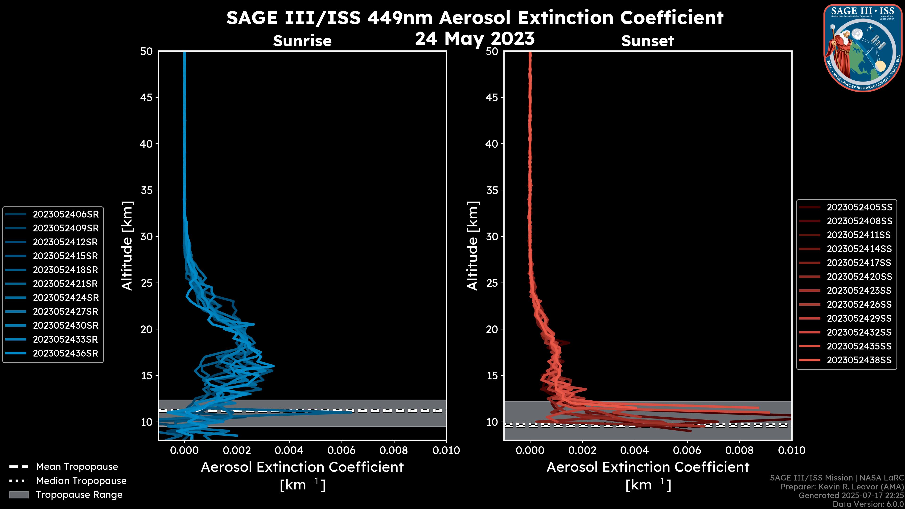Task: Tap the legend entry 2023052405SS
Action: (859, 207)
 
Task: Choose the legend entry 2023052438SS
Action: (859, 360)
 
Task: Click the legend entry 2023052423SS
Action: (859, 291)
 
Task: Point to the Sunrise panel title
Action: (302, 41)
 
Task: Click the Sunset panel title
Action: (647, 41)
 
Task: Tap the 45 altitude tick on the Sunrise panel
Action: (147, 98)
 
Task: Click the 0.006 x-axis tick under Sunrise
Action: (341, 450)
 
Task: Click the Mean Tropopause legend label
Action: (77, 467)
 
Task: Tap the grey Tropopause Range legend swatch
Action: (19, 495)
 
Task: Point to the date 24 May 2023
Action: (475, 39)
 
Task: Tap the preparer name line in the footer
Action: (842, 487)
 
